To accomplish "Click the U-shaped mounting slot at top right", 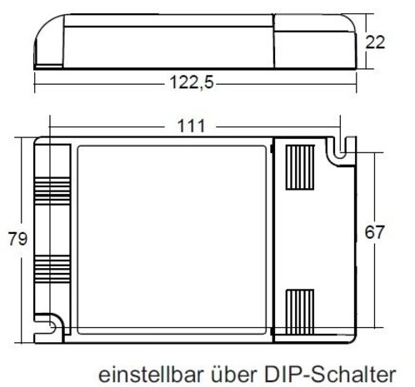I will click(x=337, y=151).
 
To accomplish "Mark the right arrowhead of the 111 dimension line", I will click(x=338, y=127).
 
